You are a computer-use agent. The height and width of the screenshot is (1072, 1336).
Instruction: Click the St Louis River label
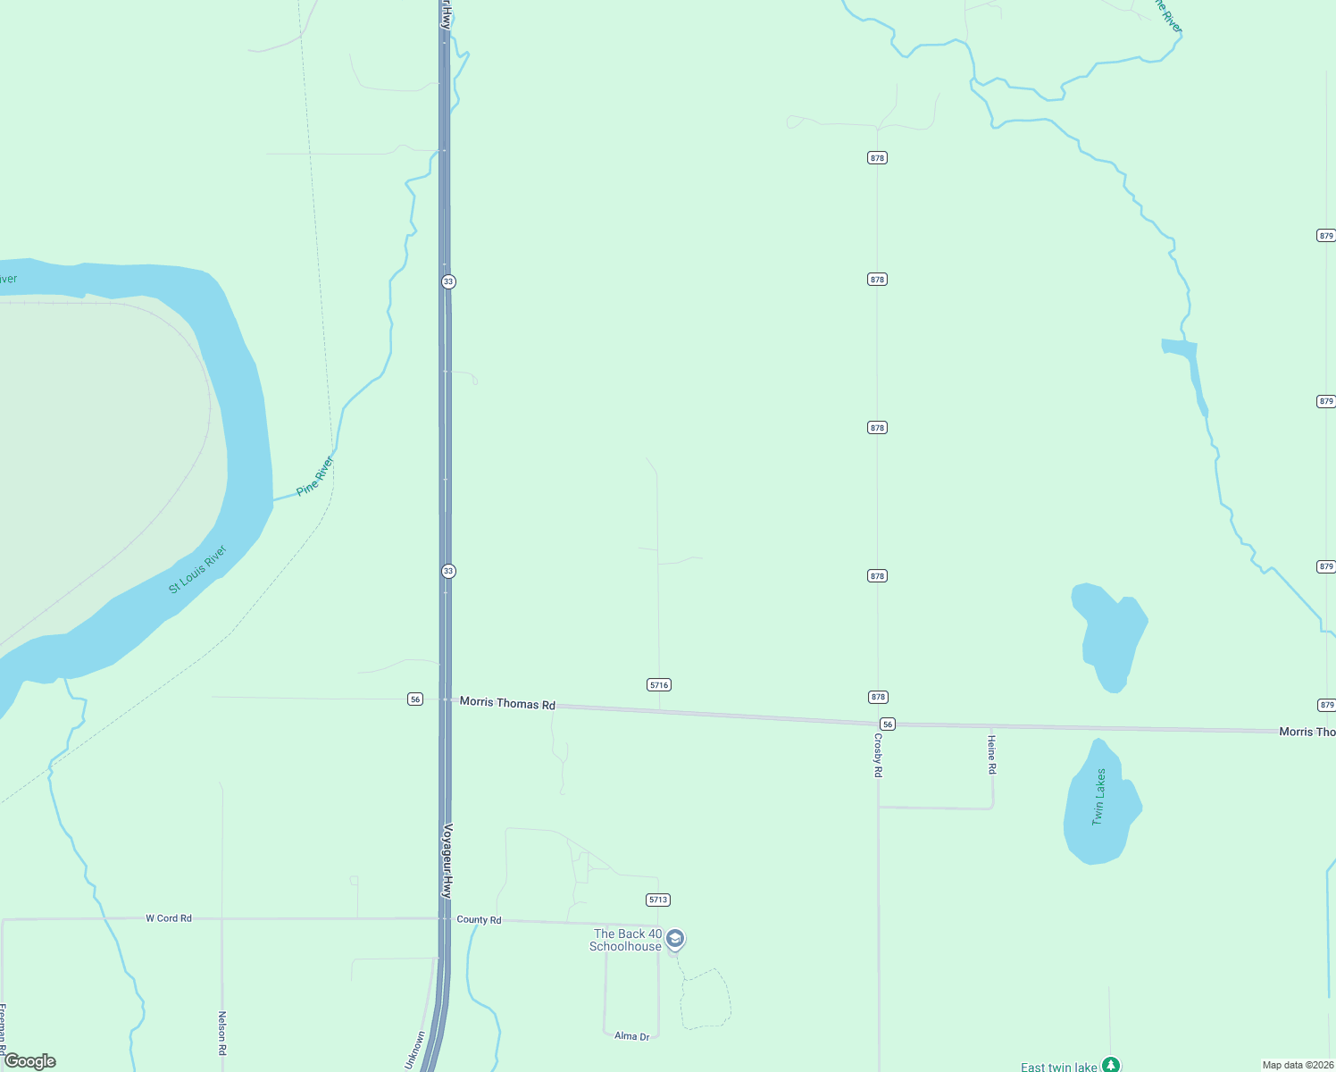coord(197,569)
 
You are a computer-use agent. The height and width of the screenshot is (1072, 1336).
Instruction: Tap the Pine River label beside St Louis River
coord(314,476)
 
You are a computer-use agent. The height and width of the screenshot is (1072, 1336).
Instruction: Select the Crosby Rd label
coord(878,755)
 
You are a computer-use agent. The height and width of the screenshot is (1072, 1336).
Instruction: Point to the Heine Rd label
coord(991,754)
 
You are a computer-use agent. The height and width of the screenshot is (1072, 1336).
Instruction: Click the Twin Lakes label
coord(1099,796)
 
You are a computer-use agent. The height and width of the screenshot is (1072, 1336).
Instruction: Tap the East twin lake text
coord(1058,1067)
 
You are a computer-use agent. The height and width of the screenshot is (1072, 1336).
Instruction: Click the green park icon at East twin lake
coord(1110,1065)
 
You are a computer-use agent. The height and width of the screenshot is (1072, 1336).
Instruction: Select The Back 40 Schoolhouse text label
coord(626,940)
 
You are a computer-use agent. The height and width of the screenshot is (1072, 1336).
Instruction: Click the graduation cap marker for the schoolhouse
coord(676,938)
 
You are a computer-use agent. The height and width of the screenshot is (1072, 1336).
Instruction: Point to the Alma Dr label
coord(631,1036)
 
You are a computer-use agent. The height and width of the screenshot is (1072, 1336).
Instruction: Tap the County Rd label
coord(479,919)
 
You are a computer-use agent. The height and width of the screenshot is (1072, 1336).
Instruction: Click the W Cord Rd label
coord(169,918)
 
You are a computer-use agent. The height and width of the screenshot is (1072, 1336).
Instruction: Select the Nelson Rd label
coord(222,1033)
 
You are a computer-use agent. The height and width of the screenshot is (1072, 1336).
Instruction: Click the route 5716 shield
coord(659,685)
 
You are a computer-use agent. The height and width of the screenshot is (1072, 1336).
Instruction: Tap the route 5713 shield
coord(658,900)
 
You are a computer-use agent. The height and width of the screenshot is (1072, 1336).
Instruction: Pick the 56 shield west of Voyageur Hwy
coord(415,699)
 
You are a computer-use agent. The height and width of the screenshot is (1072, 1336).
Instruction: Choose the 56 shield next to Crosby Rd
coord(887,724)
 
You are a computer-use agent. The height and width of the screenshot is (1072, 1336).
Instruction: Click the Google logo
coord(30,1061)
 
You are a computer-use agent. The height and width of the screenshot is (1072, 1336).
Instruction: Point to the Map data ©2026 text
coord(1297,1065)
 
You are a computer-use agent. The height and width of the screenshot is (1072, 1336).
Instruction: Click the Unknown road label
coord(415,1051)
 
